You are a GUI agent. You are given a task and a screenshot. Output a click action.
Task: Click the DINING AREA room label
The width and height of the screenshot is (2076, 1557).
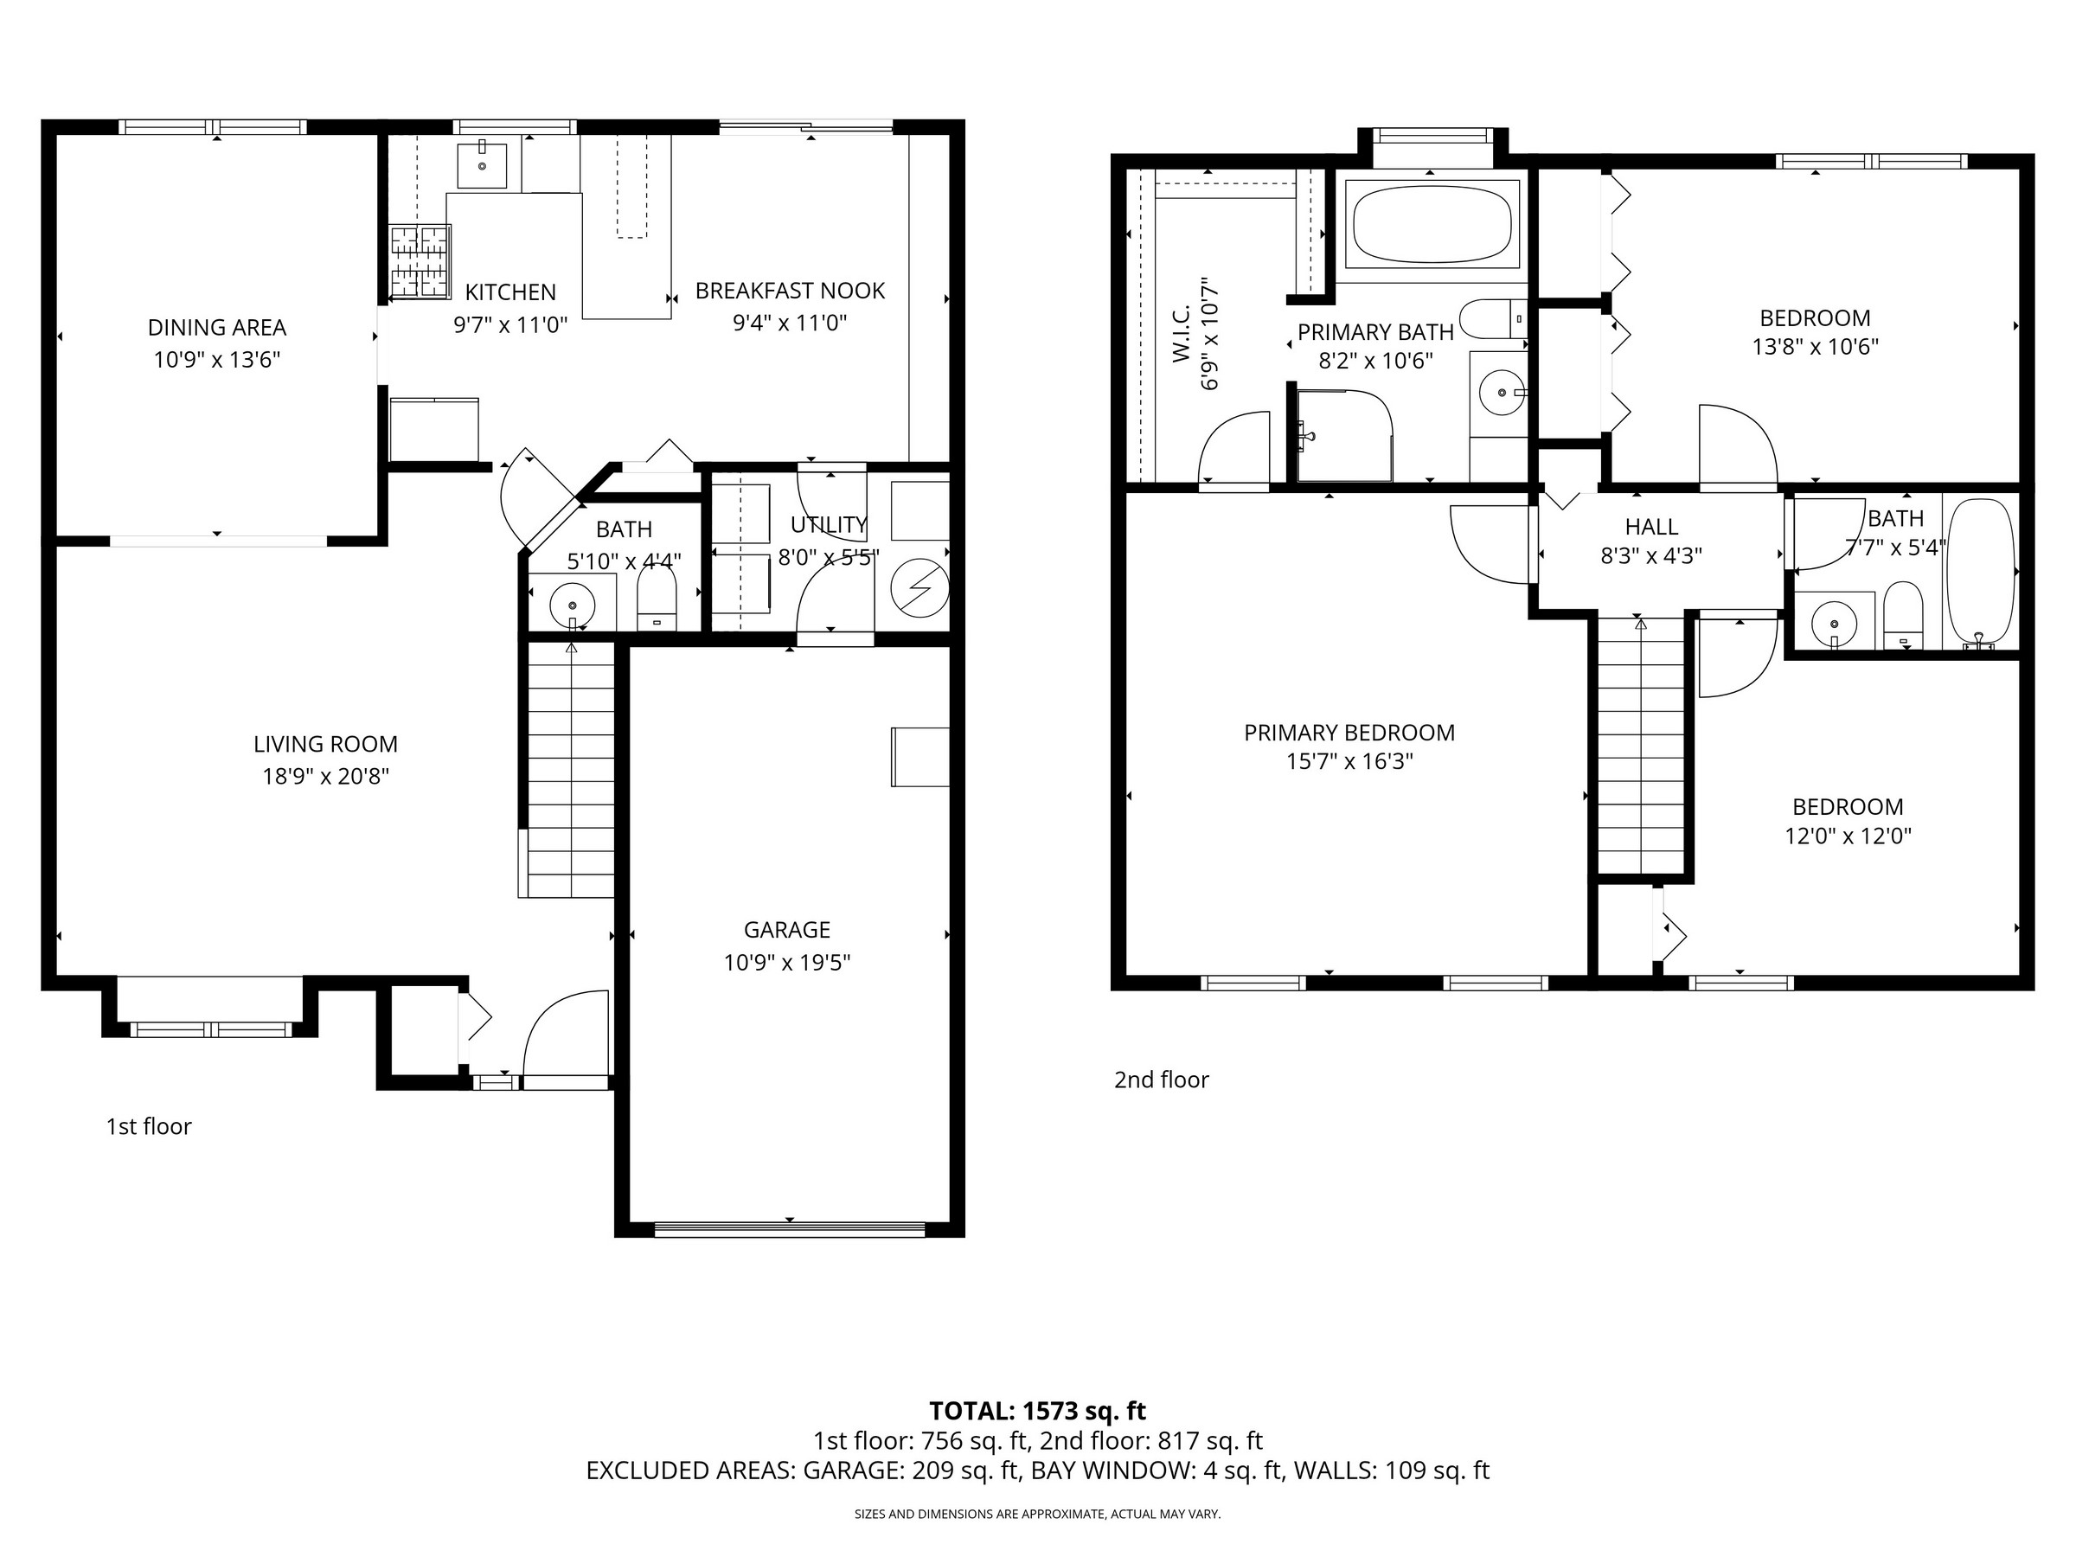217,328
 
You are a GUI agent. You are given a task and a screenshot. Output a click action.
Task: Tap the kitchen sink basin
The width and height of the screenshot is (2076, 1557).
483,166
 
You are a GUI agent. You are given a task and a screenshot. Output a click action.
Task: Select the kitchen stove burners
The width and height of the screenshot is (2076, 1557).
420,262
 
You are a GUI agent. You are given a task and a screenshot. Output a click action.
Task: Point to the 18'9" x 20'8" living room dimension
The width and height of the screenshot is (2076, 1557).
325,776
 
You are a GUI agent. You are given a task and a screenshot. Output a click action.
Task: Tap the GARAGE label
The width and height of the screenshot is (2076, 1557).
786,930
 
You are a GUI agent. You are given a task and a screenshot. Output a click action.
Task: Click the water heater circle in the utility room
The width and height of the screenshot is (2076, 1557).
919,587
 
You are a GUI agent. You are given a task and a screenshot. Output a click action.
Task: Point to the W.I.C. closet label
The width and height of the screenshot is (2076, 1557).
1182,333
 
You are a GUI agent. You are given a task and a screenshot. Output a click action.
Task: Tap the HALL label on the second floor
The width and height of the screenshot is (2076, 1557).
1652,527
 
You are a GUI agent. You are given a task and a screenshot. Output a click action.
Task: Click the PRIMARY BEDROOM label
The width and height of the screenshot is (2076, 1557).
1349,733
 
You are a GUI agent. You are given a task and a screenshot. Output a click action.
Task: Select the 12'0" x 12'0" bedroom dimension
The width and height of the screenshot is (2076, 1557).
1848,836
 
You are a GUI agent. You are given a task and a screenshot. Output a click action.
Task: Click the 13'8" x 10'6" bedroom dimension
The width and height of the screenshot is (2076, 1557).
1815,346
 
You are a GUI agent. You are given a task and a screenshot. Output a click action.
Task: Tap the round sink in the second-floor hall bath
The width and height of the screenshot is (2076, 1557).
1834,622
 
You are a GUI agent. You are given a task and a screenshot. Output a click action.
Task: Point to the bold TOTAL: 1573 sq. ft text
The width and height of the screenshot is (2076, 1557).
1038,1411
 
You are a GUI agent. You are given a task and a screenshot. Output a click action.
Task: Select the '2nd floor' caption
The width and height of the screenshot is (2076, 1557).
1161,1080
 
